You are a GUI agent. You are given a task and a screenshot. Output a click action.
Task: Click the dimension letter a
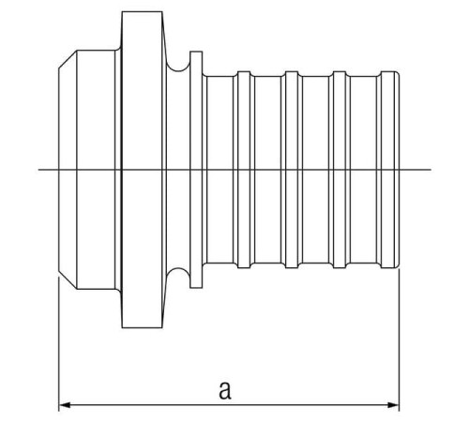click(x=225, y=390)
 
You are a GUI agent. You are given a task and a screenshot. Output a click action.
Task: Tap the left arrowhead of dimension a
click(x=65, y=405)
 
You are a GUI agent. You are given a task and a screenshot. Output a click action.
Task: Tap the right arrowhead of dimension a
click(x=393, y=405)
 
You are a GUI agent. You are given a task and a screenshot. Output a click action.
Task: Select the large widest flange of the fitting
click(x=143, y=170)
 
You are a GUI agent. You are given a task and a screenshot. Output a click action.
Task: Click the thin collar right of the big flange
click(x=196, y=170)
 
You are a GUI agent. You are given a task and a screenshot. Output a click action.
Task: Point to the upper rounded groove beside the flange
click(x=178, y=68)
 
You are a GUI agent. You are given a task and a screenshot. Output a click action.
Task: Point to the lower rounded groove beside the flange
click(x=178, y=272)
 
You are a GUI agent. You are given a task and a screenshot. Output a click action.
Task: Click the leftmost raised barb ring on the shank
click(x=244, y=170)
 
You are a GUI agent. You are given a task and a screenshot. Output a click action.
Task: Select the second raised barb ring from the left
click(x=292, y=170)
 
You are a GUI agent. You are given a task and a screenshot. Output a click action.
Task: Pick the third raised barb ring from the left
click(x=340, y=170)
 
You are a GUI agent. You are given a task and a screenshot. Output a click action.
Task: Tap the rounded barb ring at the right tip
click(x=390, y=170)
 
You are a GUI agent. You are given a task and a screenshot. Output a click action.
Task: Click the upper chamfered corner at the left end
click(x=68, y=59)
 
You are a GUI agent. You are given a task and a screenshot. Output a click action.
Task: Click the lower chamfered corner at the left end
click(x=68, y=280)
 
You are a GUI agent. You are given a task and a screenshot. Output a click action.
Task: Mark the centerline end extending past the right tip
click(x=431, y=170)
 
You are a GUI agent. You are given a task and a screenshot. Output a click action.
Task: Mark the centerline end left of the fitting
click(x=38, y=170)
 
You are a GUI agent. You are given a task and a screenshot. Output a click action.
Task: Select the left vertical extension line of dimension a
click(x=59, y=344)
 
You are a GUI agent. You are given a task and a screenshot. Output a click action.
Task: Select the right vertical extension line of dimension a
click(x=399, y=340)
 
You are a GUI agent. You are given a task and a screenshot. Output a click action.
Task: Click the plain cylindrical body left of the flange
click(x=96, y=170)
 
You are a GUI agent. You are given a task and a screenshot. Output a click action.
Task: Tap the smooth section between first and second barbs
click(x=268, y=170)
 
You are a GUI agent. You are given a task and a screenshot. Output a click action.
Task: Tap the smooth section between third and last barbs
click(x=363, y=170)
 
